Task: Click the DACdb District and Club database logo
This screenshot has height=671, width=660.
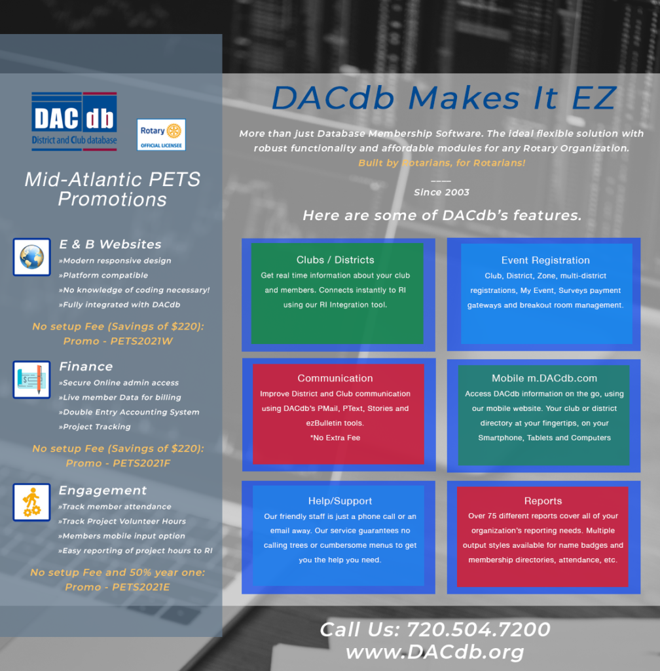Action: [74, 121]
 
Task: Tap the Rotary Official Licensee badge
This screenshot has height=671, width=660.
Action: [161, 135]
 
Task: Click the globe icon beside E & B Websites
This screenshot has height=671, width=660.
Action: [31, 257]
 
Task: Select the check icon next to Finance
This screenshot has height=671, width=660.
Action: [31, 379]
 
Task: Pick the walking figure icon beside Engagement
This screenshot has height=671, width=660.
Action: [31, 502]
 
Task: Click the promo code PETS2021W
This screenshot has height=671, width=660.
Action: [141, 341]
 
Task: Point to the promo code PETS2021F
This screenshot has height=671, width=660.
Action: [141, 463]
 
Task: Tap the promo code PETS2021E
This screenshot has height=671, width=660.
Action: [141, 586]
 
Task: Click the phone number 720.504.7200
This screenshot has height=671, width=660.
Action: [479, 630]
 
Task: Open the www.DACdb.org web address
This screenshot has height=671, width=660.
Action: [435, 652]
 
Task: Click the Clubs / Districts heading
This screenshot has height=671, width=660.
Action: [335, 259]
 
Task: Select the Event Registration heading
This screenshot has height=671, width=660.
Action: [545, 260]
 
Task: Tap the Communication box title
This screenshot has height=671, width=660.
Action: [335, 378]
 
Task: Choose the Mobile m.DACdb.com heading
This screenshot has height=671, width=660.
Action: [544, 378]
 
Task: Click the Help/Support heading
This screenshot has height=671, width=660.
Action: [340, 501]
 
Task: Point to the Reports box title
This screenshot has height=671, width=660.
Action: [543, 501]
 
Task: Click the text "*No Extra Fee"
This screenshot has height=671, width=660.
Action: [335, 438]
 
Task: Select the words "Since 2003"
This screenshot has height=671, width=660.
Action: [441, 192]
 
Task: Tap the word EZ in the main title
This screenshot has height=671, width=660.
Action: [594, 98]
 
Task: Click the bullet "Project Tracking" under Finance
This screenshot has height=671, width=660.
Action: [95, 427]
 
